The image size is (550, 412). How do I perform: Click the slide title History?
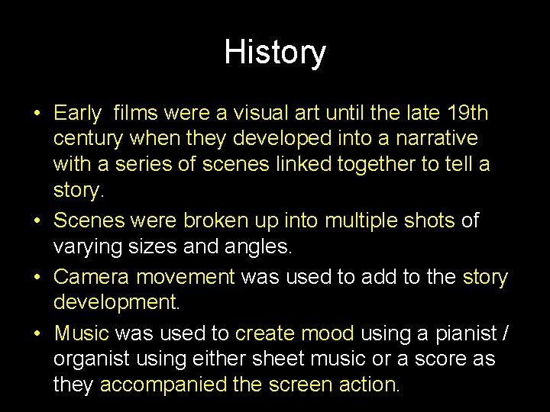pos(275,53)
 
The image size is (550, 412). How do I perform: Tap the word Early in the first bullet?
pos(77,114)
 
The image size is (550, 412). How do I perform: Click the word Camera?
pos(92,276)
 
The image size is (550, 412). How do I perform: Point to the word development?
pos(115,303)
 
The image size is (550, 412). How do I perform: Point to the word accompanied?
pos(163,385)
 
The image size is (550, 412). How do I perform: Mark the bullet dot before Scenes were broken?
pos(37,221)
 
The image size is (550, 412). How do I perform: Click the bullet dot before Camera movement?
pos(37,276)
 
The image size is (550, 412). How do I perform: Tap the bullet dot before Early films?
pos(37,114)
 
